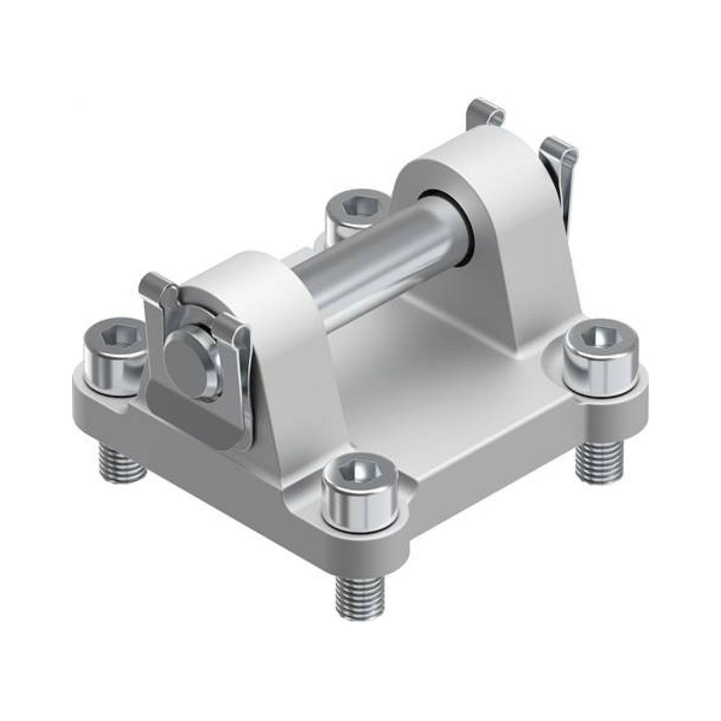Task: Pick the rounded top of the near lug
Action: click(x=239, y=261)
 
